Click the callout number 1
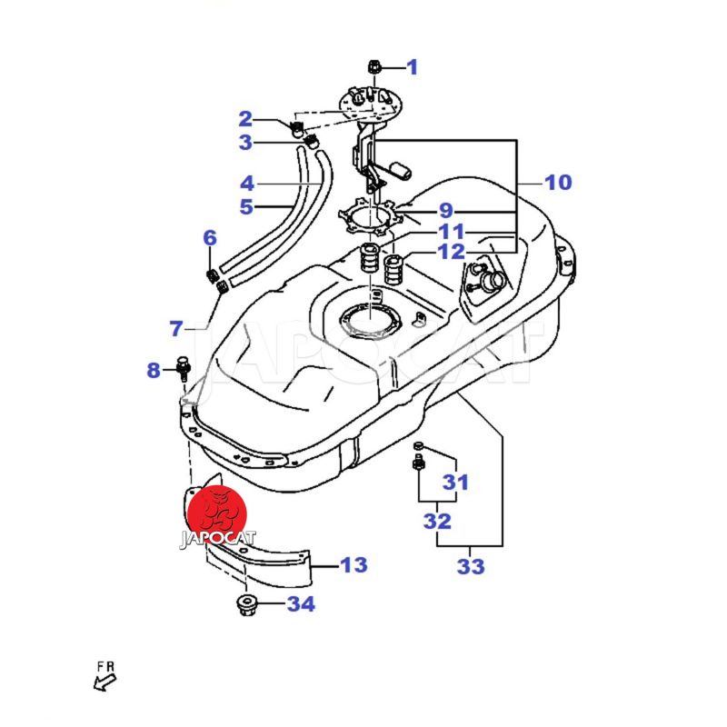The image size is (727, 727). pyautogui.click(x=412, y=66)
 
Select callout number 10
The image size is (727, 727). pyautogui.click(x=558, y=183)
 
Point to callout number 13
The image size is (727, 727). pyautogui.click(x=354, y=565)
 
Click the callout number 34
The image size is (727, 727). pyautogui.click(x=300, y=603)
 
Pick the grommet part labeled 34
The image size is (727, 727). pyautogui.click(x=244, y=604)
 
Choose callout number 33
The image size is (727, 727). pyautogui.click(x=471, y=567)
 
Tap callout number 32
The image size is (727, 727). pyautogui.click(x=437, y=522)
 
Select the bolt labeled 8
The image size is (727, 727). pyautogui.click(x=184, y=367)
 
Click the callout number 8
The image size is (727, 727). pyautogui.click(x=154, y=370)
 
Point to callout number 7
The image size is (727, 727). pyautogui.click(x=176, y=327)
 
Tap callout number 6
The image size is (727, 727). pyautogui.click(x=210, y=239)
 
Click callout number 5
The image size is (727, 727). pyautogui.click(x=246, y=207)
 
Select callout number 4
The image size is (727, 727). pyautogui.click(x=246, y=182)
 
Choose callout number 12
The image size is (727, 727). pyautogui.click(x=451, y=252)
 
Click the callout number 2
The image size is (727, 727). pyautogui.click(x=245, y=118)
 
